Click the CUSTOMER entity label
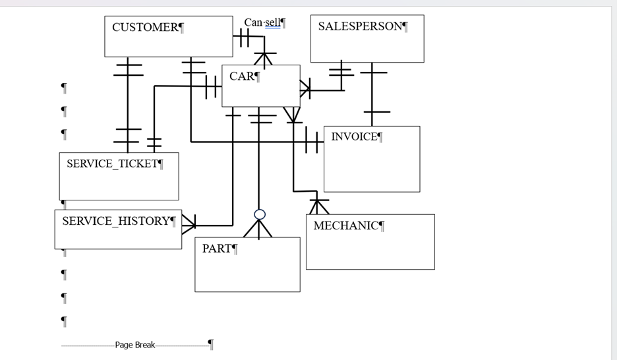click(145, 28)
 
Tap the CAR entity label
click(242, 76)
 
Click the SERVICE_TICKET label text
click(112, 164)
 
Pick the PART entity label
click(217, 249)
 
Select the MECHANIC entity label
click(346, 226)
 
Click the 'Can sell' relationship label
click(262, 23)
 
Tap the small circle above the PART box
click(260, 214)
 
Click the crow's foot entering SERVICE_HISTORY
click(189, 224)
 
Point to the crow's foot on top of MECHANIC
click(318, 206)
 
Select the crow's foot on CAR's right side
click(305, 88)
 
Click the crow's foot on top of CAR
click(264, 59)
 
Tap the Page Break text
click(135, 345)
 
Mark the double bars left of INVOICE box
click(312, 141)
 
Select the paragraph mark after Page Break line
click(211, 344)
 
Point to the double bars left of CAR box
click(212, 86)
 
